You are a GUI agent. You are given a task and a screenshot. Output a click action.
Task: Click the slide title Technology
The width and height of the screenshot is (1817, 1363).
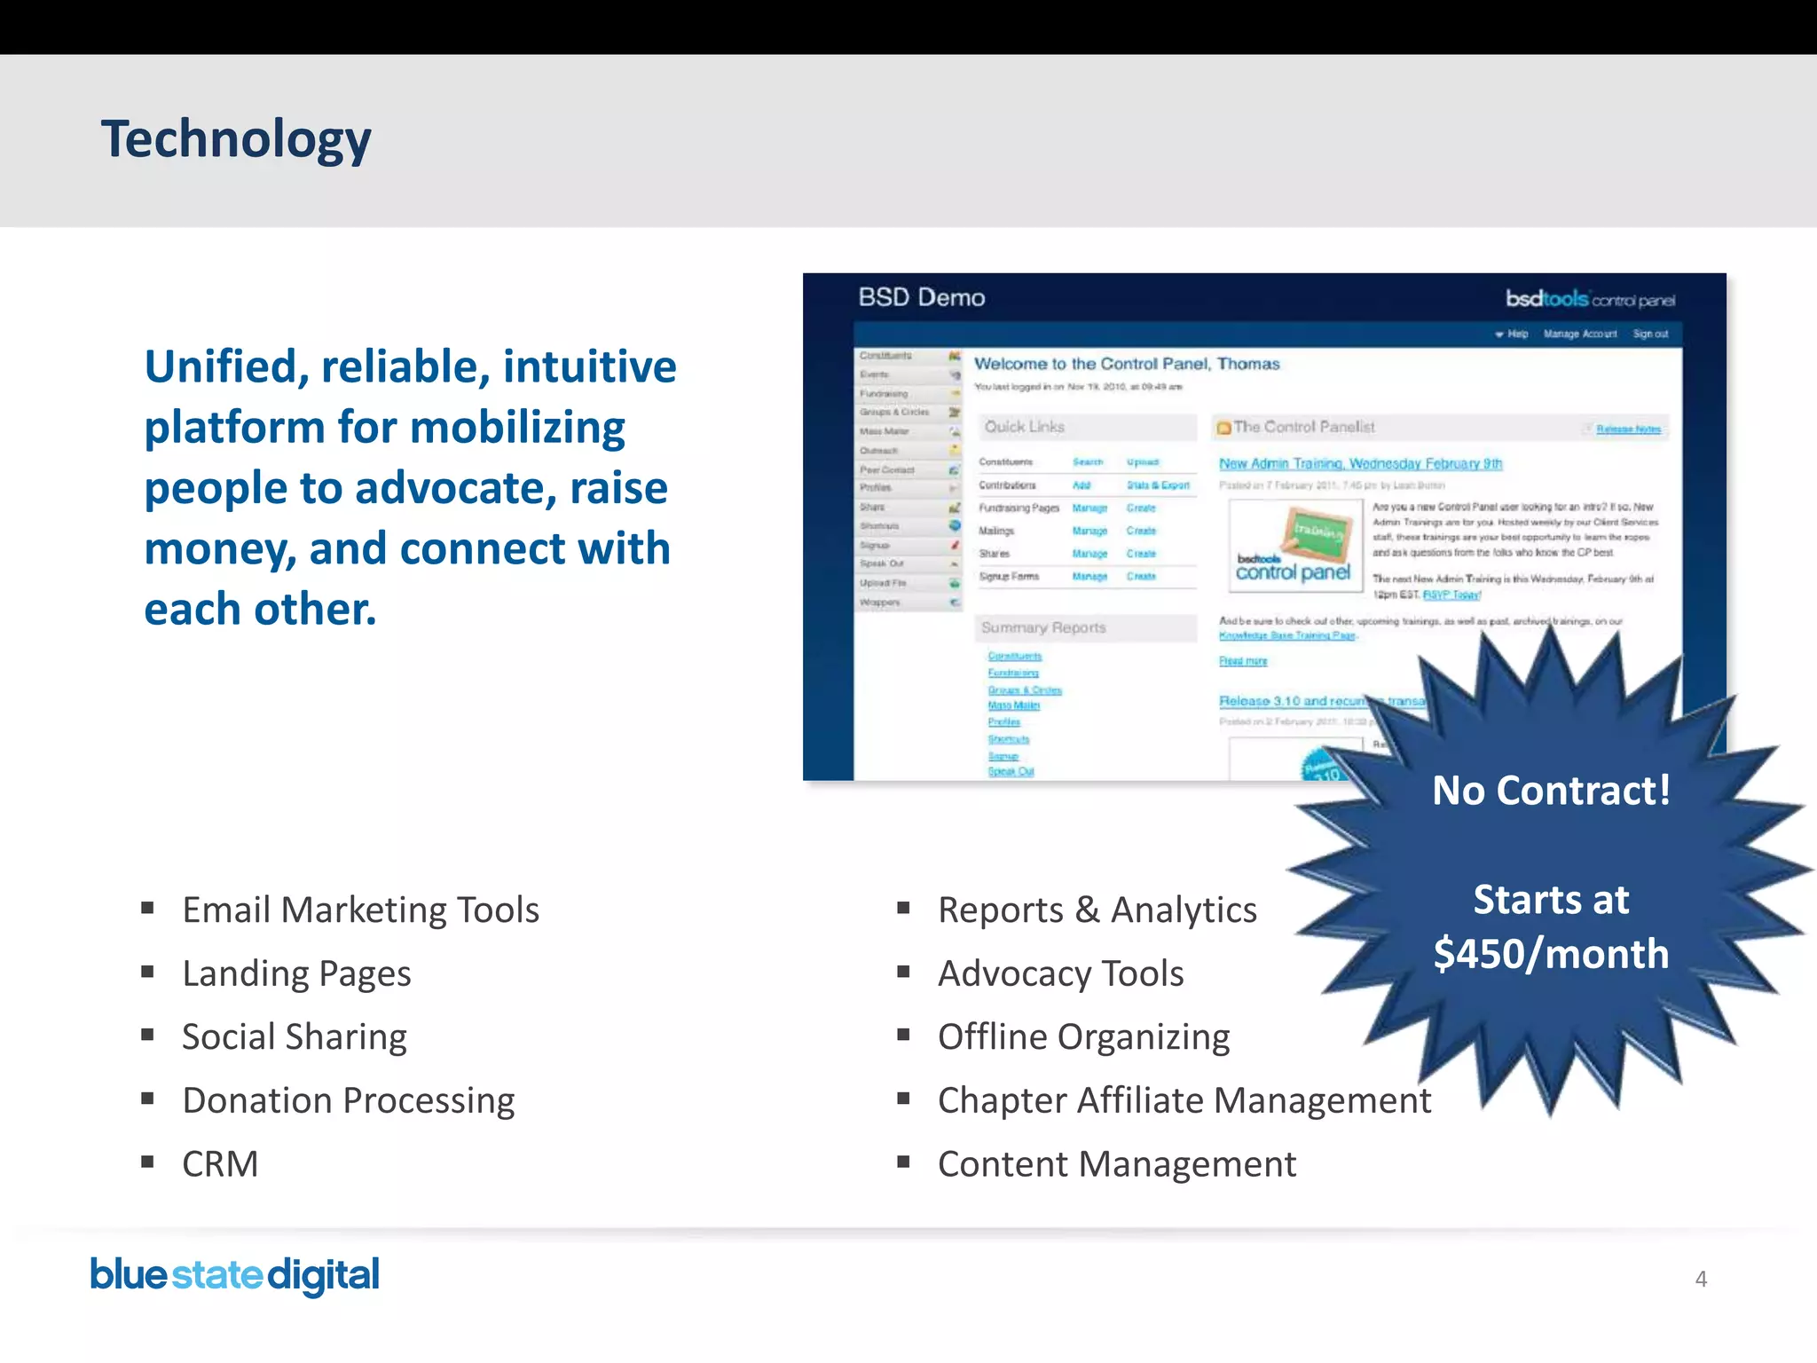(x=236, y=139)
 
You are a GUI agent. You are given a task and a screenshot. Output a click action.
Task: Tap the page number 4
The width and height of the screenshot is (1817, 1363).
(x=1700, y=1279)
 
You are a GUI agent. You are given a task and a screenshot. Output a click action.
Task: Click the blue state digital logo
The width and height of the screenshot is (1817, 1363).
(x=235, y=1275)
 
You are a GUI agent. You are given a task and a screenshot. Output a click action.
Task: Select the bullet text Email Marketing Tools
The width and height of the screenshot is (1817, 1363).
(x=360, y=910)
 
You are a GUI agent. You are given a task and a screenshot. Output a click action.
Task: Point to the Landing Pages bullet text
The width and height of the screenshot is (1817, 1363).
(x=296, y=973)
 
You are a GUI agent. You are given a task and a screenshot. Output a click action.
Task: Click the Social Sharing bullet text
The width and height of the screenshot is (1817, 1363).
(x=295, y=1036)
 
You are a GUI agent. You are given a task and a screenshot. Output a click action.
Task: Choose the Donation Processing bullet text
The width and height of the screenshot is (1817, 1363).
(x=348, y=1100)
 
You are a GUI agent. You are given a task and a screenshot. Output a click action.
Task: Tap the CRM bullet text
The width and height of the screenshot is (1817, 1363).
(x=220, y=1163)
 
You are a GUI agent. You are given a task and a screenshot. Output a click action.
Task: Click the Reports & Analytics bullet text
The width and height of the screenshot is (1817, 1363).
(x=1097, y=910)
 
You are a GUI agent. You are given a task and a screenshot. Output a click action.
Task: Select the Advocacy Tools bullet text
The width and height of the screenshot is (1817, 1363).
(x=1060, y=973)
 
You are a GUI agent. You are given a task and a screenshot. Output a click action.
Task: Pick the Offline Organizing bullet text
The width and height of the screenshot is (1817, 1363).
(x=1083, y=1036)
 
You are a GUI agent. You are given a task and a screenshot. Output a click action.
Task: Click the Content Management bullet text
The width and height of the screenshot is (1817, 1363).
(x=1116, y=1163)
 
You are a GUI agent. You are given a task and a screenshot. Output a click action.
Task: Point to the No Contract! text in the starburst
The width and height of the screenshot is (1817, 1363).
(x=1551, y=790)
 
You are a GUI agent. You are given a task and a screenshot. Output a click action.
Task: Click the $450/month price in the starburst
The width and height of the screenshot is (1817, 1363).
(x=1551, y=954)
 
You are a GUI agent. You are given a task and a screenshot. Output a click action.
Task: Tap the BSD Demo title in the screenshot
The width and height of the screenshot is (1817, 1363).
(x=921, y=297)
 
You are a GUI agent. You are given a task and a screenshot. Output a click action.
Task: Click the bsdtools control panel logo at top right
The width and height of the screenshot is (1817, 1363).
(x=1589, y=299)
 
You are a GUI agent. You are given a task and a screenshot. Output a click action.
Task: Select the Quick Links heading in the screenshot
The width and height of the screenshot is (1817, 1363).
(x=1024, y=427)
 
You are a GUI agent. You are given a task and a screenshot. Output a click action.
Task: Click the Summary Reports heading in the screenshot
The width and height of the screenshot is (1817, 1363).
(x=1043, y=627)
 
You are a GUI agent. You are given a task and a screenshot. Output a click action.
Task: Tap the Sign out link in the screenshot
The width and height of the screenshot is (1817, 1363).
(x=1650, y=334)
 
